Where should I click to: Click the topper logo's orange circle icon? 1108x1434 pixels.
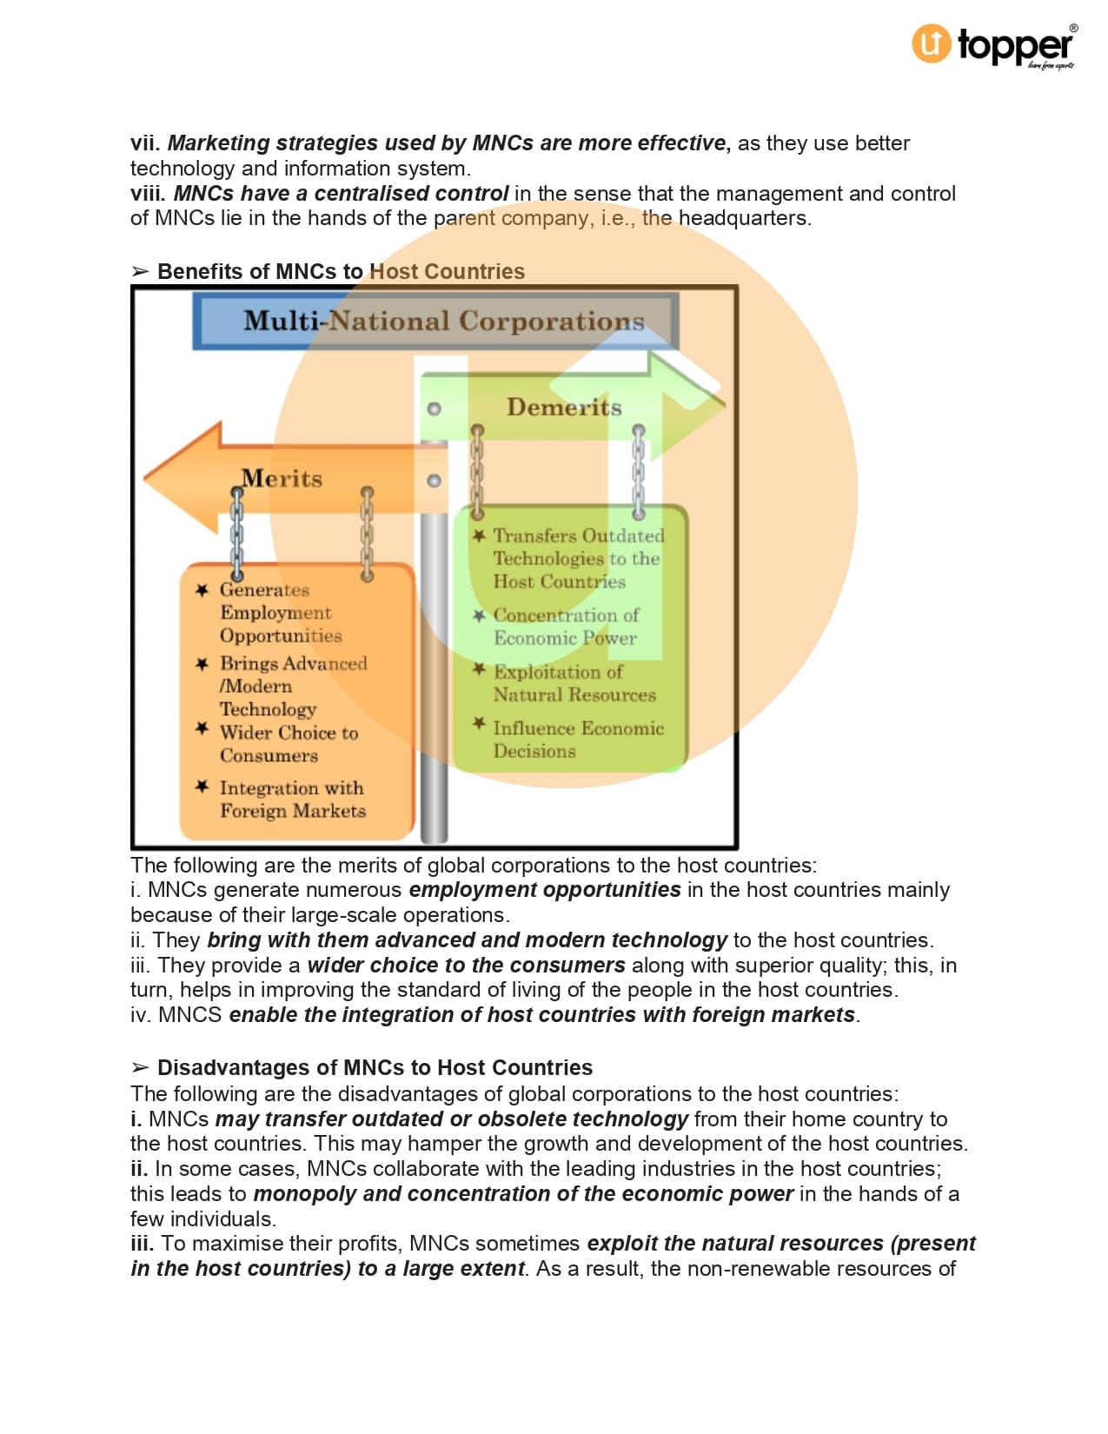pyautogui.click(x=931, y=43)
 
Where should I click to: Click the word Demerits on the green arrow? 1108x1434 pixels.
pyautogui.click(x=564, y=407)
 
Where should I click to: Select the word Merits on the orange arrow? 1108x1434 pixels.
pyautogui.click(x=282, y=478)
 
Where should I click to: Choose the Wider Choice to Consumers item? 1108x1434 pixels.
pyautogui.click(x=289, y=744)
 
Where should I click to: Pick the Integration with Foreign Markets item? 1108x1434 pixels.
pyautogui.click(x=292, y=799)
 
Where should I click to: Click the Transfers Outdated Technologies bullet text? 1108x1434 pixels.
pyautogui.click(x=578, y=558)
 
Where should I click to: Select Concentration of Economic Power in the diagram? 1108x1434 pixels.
pyautogui.click(x=566, y=627)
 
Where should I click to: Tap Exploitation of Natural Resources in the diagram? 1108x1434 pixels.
pyautogui.click(x=574, y=683)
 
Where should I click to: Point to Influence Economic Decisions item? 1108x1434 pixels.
pyautogui.click(x=578, y=740)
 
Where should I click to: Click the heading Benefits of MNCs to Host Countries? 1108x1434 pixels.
pyautogui.click(x=341, y=271)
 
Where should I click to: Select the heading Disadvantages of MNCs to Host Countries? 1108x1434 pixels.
pyautogui.click(x=375, y=1067)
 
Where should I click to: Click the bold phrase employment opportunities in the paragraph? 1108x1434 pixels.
pyautogui.click(x=545, y=889)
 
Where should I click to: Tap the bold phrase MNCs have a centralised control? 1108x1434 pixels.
pyautogui.click(x=341, y=193)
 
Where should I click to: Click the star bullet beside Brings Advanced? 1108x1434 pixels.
pyautogui.click(x=202, y=664)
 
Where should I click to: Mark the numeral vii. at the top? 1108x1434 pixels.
pyautogui.click(x=145, y=143)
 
